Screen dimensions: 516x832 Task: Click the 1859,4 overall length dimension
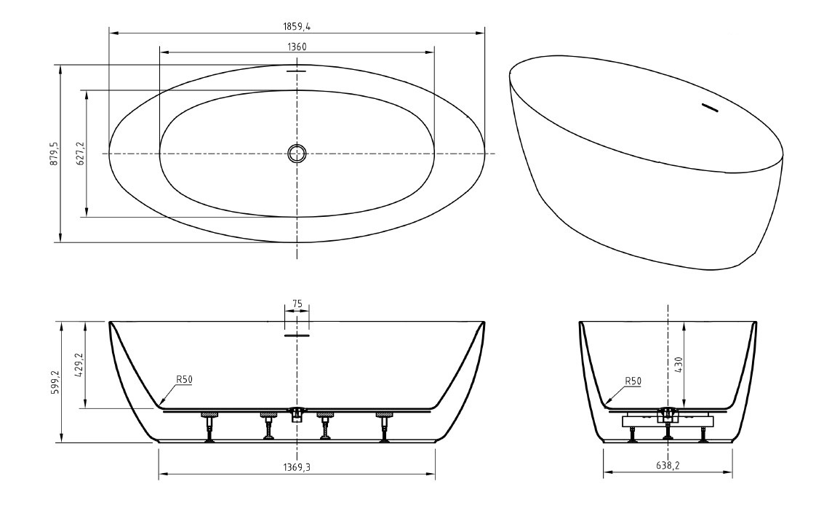297,26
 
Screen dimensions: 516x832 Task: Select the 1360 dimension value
297,47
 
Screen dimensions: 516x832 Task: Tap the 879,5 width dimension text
54,154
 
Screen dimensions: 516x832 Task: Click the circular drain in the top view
297,154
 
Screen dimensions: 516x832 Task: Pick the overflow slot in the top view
297,71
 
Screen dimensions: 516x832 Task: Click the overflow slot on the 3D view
708,108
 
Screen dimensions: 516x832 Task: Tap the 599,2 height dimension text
54,382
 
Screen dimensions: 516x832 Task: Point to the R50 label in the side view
184,379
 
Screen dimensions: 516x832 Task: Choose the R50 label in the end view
633,380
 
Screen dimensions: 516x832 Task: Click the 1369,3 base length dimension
297,467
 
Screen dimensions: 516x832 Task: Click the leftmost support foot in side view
209,426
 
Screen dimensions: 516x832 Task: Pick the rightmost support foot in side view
384,426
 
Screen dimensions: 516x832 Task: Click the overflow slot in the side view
297,336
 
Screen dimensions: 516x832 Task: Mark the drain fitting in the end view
668,415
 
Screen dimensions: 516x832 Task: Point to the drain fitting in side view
297,414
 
